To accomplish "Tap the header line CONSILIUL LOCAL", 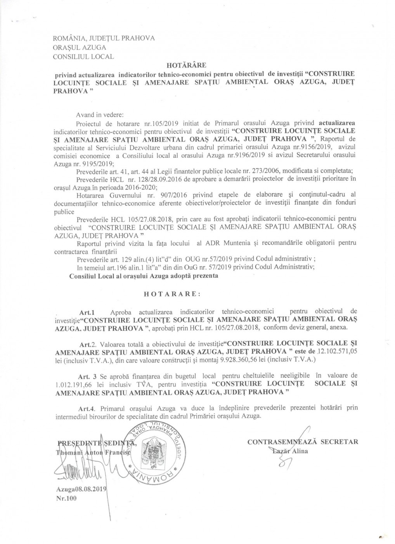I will point(83,56).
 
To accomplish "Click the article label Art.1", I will point(87,312).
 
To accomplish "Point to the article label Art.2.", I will point(87,344).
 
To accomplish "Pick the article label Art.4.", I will point(87,408).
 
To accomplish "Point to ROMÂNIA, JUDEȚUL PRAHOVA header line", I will point(104,38).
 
